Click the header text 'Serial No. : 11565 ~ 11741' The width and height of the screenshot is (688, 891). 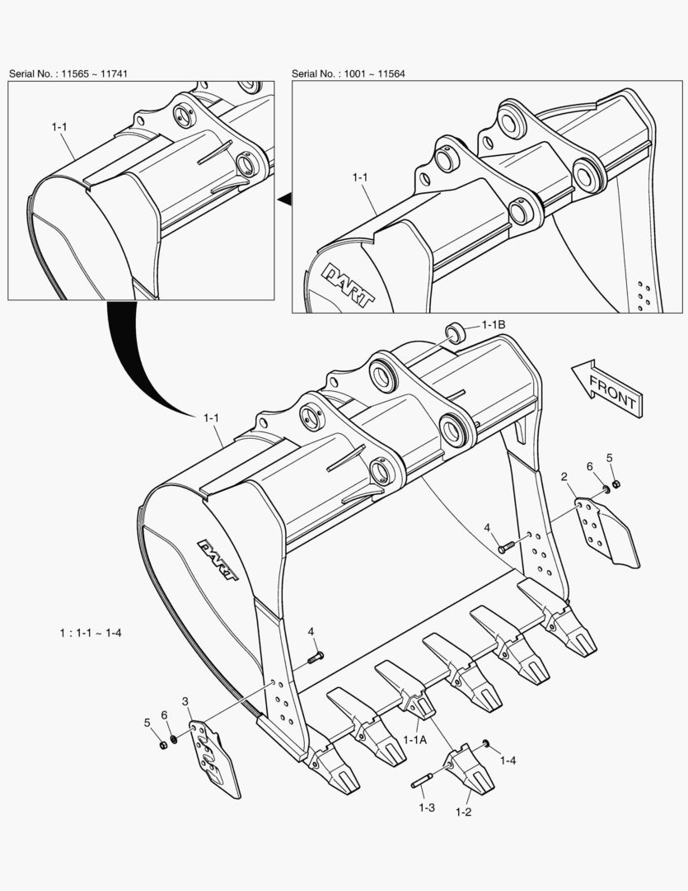(x=68, y=74)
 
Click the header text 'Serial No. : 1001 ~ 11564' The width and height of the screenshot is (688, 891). (x=348, y=74)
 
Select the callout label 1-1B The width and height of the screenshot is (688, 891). (x=494, y=325)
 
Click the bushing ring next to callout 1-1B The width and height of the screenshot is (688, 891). (x=453, y=333)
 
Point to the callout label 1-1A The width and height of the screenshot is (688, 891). (x=414, y=740)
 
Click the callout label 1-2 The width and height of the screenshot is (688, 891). (x=463, y=812)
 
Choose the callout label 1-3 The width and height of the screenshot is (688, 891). (x=426, y=808)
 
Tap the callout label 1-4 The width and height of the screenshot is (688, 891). (x=508, y=759)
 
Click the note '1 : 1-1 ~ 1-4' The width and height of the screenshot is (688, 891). (x=91, y=633)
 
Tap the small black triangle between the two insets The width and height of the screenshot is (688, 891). (x=284, y=198)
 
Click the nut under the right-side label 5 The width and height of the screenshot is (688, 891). (x=617, y=483)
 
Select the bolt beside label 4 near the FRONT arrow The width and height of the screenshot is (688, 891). (x=505, y=547)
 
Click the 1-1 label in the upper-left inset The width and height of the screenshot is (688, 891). (x=60, y=127)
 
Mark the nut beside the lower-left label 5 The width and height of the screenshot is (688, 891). (x=162, y=745)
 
